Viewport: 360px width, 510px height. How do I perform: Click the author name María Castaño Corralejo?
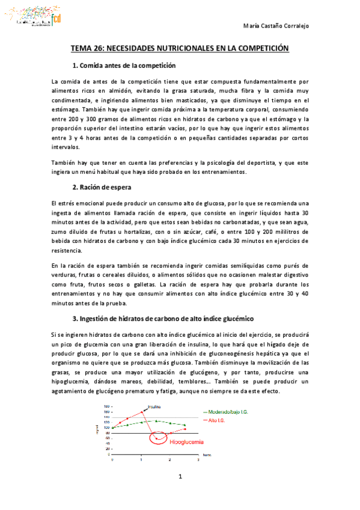pyautogui.click(x=283, y=26)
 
